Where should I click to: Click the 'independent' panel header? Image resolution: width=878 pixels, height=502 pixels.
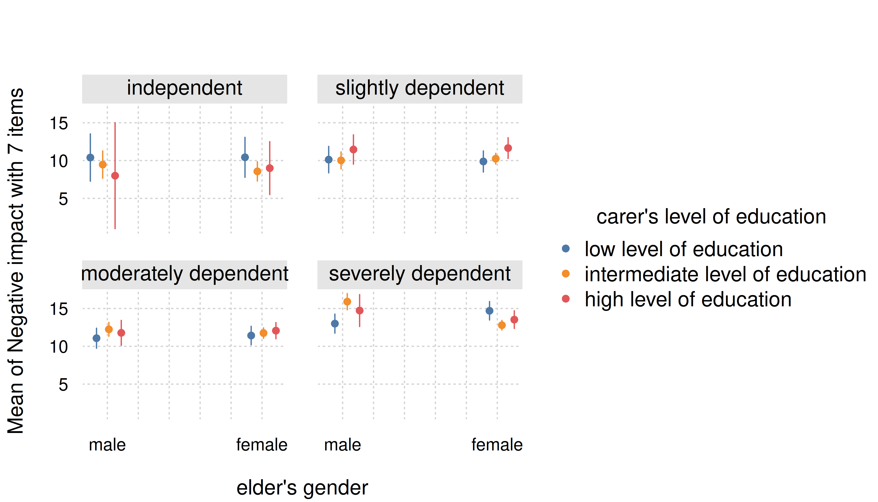184,89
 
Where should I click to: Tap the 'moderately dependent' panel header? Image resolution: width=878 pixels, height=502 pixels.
184,274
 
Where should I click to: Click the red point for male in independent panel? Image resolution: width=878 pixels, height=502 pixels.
115,176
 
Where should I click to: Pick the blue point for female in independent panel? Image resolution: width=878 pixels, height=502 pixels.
245,158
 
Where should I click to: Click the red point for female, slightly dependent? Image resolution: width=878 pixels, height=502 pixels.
508,148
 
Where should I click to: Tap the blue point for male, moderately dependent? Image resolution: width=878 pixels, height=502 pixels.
97,338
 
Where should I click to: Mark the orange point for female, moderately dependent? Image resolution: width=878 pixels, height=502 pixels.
263,333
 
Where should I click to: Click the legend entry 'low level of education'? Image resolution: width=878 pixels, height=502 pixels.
683,249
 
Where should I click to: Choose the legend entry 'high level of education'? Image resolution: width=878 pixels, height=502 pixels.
688,300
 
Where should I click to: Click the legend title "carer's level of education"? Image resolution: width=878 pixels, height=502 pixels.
711,217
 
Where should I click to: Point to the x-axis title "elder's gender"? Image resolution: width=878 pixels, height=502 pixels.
302,488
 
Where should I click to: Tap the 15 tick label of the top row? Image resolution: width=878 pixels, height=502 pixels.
59,123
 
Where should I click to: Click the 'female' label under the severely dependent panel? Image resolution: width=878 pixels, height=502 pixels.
497,445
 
